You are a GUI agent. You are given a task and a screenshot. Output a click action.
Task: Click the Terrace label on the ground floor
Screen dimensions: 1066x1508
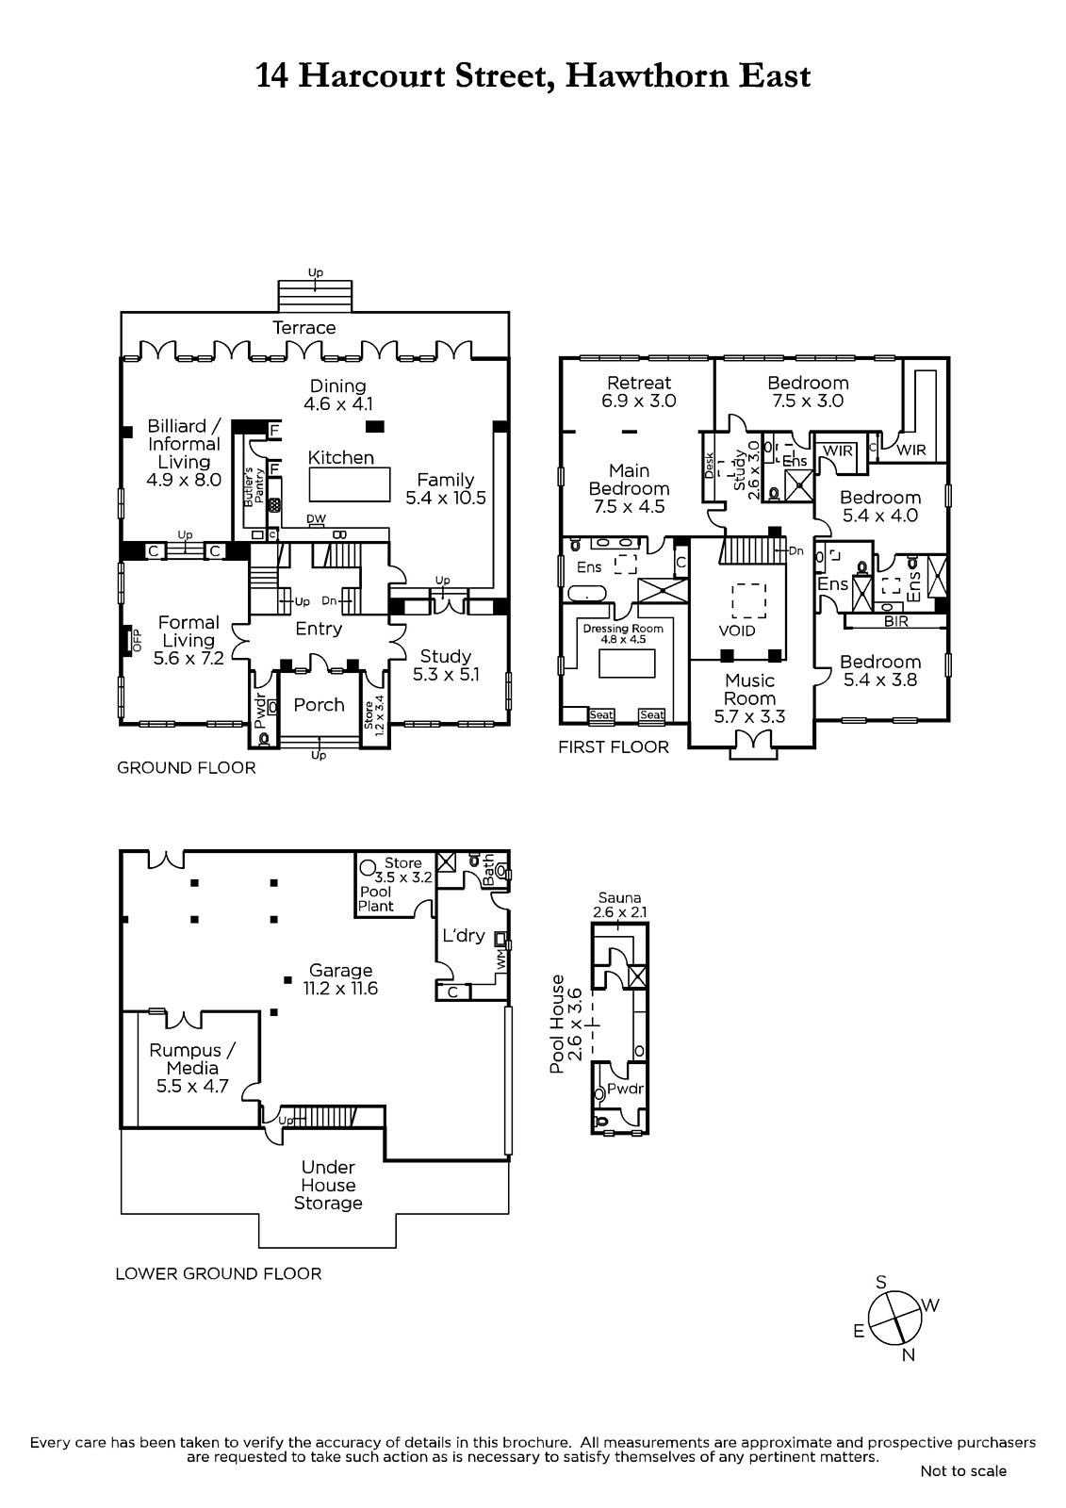tap(303, 328)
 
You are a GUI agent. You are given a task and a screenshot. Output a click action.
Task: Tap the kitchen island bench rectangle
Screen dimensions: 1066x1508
tap(350, 484)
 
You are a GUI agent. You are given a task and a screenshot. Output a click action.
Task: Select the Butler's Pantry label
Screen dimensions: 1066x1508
tap(254, 486)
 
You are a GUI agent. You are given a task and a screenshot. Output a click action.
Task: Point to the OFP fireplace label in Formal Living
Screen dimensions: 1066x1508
tap(138, 640)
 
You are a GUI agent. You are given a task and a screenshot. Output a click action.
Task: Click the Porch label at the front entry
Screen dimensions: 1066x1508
tap(319, 705)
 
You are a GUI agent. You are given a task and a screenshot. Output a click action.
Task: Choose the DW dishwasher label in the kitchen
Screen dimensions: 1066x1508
tap(316, 519)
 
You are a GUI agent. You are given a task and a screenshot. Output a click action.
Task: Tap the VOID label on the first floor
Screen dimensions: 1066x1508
tap(737, 631)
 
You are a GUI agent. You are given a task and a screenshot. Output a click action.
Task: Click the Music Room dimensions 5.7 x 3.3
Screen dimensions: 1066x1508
tap(749, 716)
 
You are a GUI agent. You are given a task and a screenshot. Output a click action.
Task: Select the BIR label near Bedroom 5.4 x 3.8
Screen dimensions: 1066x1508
tap(895, 621)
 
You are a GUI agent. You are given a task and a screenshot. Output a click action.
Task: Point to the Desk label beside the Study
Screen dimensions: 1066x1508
tap(709, 466)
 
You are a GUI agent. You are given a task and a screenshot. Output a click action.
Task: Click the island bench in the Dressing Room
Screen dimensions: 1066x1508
tap(626, 664)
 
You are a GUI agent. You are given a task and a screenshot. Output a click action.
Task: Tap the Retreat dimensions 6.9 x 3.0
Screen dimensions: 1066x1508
tap(638, 401)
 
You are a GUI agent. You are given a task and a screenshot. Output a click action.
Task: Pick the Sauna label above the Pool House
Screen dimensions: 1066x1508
tap(619, 897)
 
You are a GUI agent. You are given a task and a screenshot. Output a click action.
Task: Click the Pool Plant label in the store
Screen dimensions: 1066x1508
tap(376, 898)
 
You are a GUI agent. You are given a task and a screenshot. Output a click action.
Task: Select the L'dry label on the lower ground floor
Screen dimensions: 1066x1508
tap(464, 935)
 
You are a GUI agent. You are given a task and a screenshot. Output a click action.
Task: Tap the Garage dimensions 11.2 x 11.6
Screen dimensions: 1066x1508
tap(340, 989)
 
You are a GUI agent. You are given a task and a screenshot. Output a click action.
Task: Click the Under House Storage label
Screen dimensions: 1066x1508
tap(328, 1185)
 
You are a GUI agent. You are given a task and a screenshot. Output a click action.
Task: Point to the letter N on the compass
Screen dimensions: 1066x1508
tap(909, 1355)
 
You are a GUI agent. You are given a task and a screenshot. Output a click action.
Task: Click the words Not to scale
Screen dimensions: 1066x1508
tap(963, 1471)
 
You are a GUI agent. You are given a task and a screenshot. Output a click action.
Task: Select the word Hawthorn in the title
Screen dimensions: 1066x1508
tap(645, 75)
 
